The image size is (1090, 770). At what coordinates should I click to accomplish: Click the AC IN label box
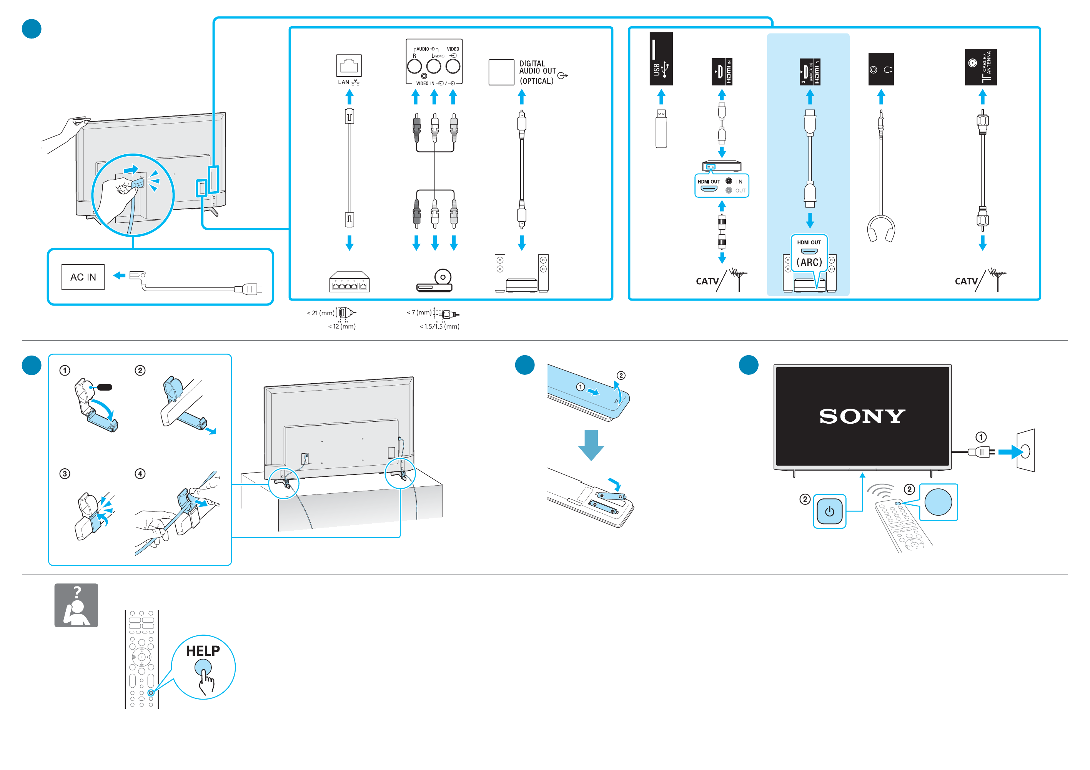click(83, 277)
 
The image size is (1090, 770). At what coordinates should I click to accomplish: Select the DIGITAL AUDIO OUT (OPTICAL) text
click(537, 72)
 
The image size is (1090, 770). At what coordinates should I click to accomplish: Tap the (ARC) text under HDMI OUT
click(809, 262)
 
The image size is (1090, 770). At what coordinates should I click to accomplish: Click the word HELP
click(203, 651)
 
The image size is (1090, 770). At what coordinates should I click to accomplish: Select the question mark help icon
click(76, 605)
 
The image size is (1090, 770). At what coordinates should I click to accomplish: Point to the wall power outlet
click(1025, 450)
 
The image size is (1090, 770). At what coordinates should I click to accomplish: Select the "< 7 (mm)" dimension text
click(419, 312)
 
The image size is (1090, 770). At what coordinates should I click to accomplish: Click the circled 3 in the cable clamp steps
click(65, 474)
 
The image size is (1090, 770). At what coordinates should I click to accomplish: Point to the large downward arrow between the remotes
click(591, 444)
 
